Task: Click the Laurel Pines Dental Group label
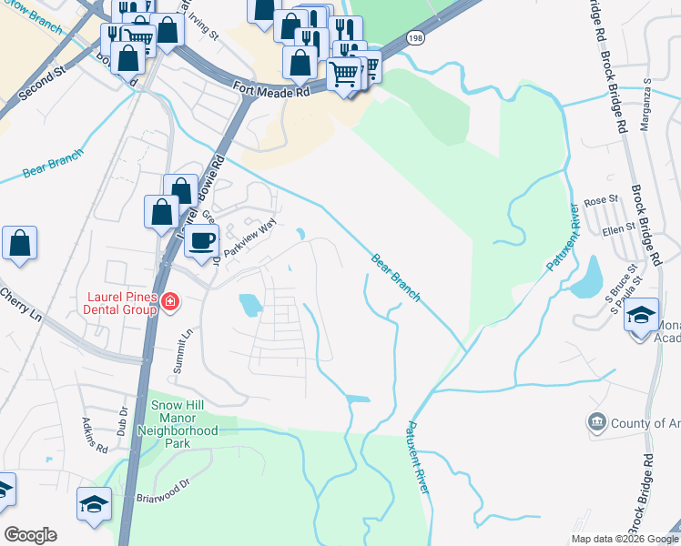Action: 119,302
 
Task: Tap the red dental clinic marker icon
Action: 170,301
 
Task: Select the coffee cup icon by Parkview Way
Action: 201,241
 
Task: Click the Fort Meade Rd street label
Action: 271,91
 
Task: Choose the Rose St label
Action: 601,201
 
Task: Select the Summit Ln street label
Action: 185,346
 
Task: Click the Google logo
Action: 30,535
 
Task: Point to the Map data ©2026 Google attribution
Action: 624,539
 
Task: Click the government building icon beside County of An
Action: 597,421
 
